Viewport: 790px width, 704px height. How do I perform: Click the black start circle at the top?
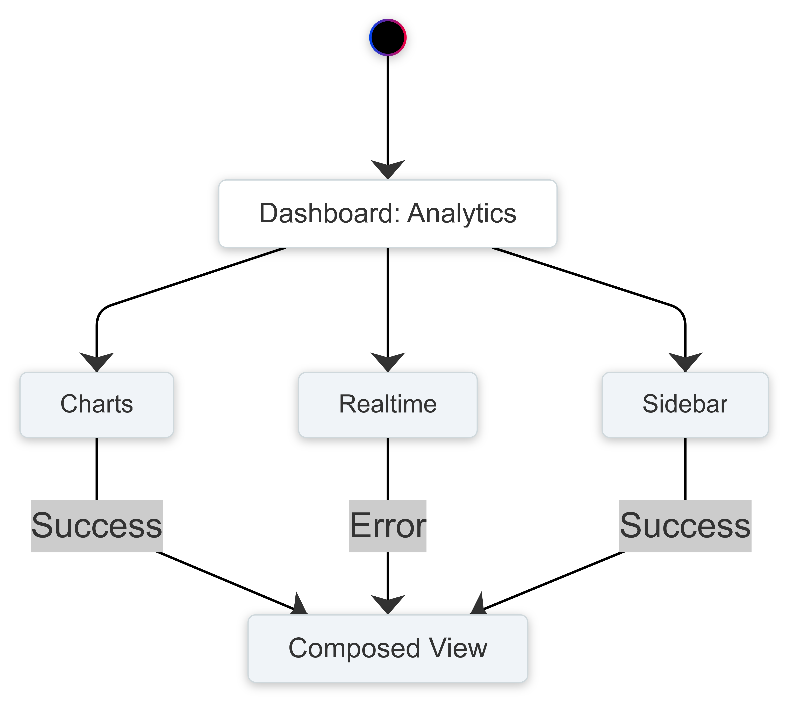[x=388, y=37]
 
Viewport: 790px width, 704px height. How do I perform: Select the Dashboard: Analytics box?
[x=388, y=214]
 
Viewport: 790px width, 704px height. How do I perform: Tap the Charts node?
[x=97, y=405]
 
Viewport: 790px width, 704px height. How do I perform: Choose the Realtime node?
[x=388, y=405]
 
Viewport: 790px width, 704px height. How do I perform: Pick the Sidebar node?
[x=685, y=405]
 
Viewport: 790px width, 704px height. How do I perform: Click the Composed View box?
[x=388, y=648]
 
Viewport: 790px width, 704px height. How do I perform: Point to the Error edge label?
[x=388, y=526]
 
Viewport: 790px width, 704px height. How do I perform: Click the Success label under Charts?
[x=97, y=526]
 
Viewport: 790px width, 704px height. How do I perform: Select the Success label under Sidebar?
[x=685, y=526]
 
